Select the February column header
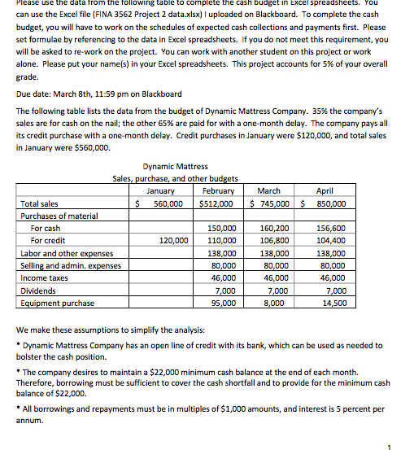click(x=217, y=190)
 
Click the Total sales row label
click(x=39, y=203)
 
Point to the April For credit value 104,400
click(x=330, y=241)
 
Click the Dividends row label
click(x=38, y=291)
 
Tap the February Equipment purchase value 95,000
click(x=222, y=303)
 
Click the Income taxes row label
click(x=45, y=278)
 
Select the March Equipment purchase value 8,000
click(x=273, y=303)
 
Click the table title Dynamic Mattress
click(x=175, y=166)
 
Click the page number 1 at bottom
click(x=390, y=444)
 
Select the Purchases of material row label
click(x=59, y=216)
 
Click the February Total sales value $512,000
click(x=217, y=203)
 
